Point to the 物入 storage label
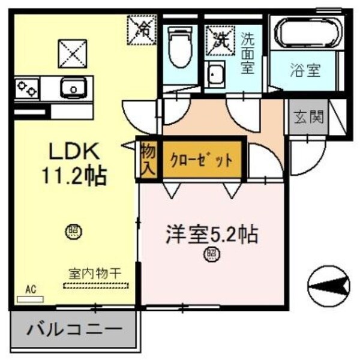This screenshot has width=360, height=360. point(148,159)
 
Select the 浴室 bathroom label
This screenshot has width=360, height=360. point(305,71)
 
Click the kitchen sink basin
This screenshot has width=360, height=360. point(73,89)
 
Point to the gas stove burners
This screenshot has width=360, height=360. point(28,89)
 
